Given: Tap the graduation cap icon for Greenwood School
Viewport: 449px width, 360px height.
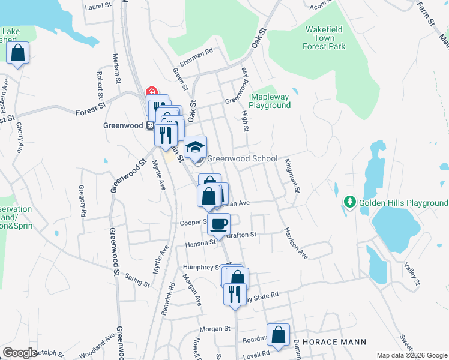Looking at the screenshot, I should click(x=195, y=147).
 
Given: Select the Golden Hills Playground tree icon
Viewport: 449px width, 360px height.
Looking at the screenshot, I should click(x=349, y=203).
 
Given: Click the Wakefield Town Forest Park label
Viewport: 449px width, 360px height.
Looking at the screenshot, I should click(x=328, y=37).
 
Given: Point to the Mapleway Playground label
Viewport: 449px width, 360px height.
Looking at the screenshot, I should click(x=270, y=101).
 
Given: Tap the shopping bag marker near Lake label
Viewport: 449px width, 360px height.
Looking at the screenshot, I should click(x=18, y=53).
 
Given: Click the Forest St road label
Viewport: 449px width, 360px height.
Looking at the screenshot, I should click(x=90, y=112).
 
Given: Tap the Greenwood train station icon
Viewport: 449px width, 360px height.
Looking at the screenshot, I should click(x=148, y=125).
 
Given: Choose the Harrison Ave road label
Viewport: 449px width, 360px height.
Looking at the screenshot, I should click(x=296, y=242).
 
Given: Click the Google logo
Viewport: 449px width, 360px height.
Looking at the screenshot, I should click(x=20, y=353).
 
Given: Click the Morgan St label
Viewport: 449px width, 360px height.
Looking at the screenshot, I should click(x=215, y=329).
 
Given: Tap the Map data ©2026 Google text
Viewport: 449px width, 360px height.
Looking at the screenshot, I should click(x=412, y=355).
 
